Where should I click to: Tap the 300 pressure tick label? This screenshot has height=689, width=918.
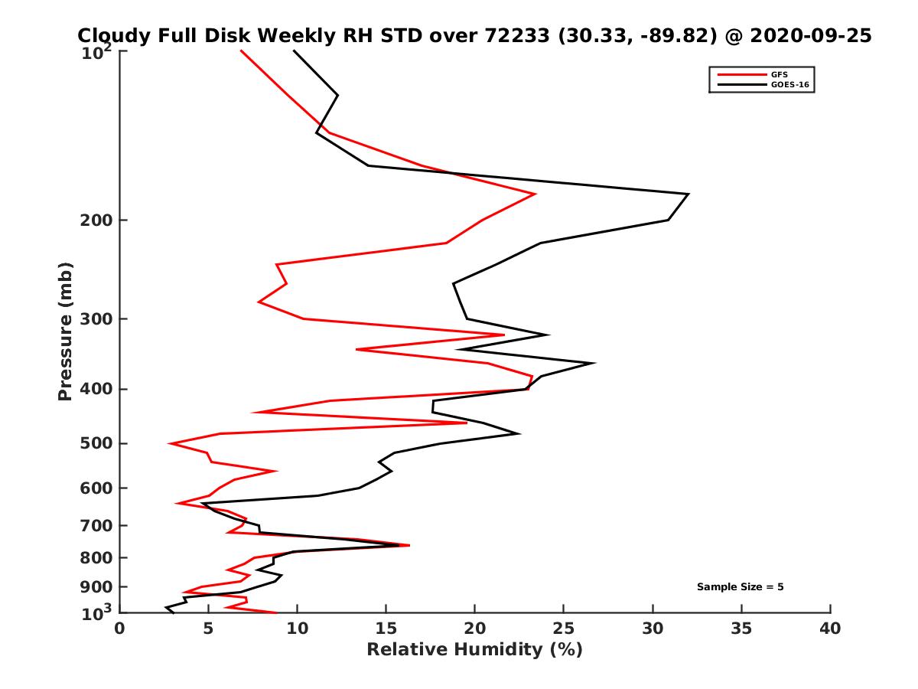99,318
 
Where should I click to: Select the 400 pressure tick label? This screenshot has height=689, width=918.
99,389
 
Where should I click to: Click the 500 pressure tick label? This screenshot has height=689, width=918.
99,443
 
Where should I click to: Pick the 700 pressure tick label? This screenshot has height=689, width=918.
99,525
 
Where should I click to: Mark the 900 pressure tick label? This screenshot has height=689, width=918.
99,587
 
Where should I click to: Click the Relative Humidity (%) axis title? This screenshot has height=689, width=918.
474,650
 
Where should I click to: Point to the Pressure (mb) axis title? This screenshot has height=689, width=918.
65,331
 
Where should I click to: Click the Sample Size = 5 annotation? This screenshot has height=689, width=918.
740,587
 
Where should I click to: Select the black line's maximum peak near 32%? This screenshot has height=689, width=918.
688,194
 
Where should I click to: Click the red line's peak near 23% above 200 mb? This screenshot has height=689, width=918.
535,194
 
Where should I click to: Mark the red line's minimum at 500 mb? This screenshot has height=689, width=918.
170,443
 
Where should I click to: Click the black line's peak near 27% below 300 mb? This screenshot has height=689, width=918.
594,363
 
